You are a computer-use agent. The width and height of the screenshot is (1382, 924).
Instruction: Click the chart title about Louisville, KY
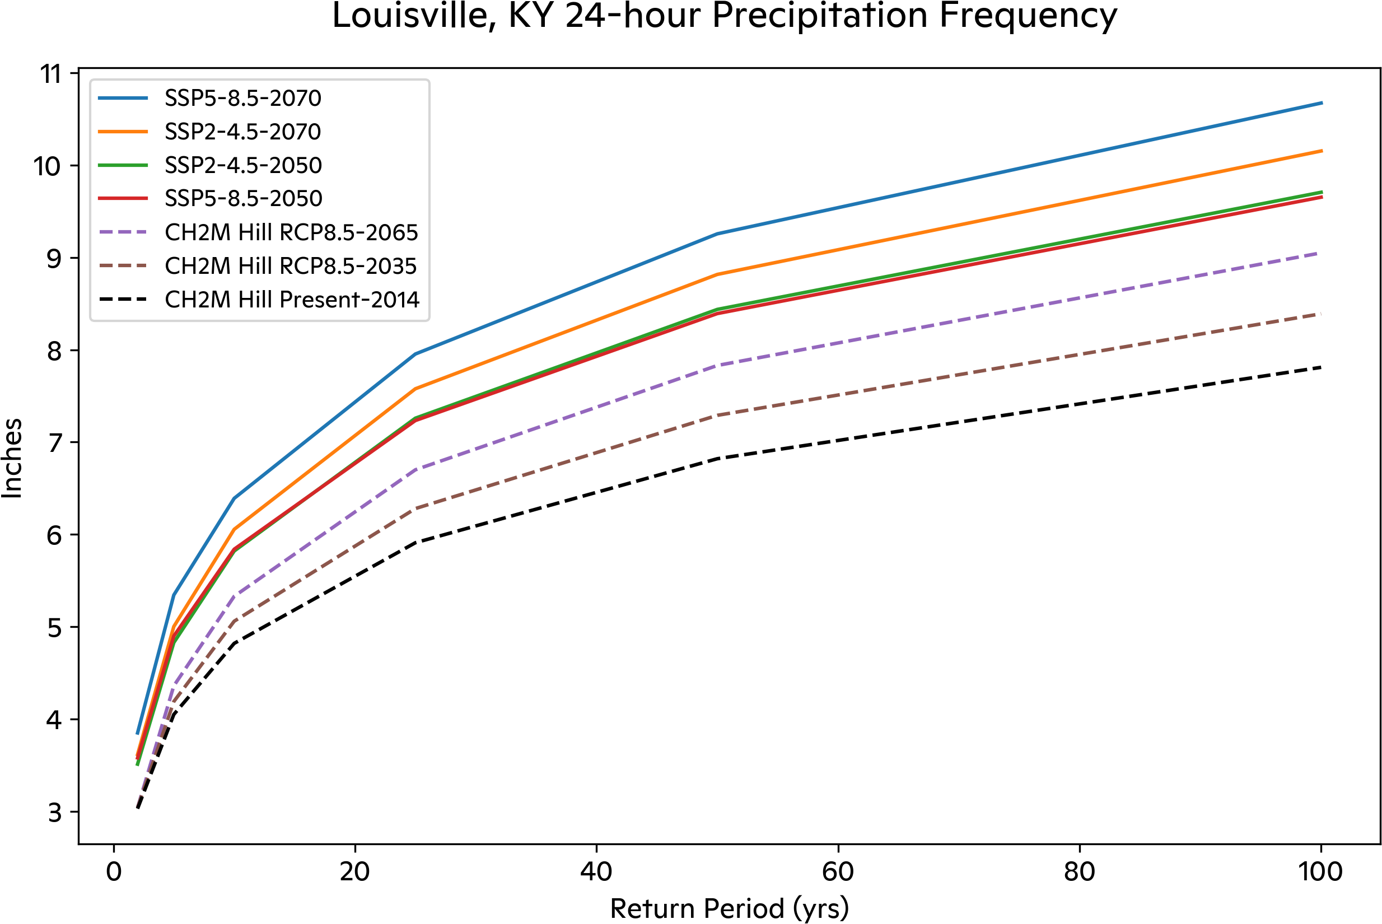[724, 15]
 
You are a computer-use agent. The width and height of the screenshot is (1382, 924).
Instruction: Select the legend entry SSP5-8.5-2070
[242, 98]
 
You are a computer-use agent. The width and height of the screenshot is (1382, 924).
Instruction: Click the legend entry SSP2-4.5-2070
[242, 132]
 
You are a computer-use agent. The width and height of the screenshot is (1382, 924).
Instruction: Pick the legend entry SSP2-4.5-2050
[242, 165]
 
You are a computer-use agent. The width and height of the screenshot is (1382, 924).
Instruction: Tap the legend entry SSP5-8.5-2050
[242, 199]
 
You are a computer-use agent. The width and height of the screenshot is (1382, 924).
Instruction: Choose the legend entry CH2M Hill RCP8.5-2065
[291, 232]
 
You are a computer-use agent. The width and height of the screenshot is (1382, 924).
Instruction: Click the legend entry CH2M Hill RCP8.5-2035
[291, 266]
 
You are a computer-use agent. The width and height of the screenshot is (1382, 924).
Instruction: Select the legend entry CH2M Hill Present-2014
[292, 300]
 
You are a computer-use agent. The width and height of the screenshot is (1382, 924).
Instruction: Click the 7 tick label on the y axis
[54, 442]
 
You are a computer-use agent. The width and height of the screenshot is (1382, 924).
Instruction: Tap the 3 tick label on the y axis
[54, 813]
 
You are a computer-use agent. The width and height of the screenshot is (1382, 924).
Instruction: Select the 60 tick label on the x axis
[838, 871]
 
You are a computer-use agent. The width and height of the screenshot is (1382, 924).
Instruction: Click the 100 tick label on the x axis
[1320, 871]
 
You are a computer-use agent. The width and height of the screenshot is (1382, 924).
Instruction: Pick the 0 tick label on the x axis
[114, 871]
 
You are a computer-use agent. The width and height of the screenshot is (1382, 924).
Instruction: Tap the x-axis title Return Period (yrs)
[729, 908]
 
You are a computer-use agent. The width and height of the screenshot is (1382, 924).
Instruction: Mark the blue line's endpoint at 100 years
[1322, 103]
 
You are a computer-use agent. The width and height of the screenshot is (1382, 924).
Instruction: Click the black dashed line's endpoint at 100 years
[1322, 367]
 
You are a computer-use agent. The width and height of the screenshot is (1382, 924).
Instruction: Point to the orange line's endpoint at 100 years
[1322, 151]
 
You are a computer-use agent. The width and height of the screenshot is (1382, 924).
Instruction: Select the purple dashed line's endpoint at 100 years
[1322, 253]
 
